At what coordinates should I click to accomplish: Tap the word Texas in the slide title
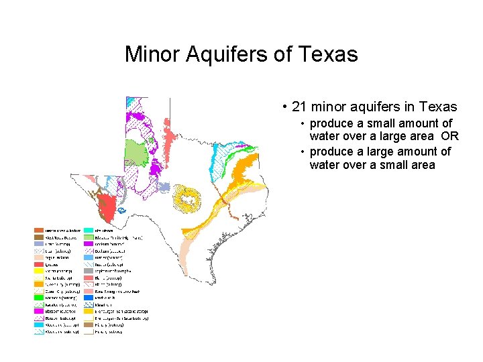tap(329, 54)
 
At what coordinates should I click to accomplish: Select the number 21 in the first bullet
tap(300, 107)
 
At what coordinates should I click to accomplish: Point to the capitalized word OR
tap(450, 136)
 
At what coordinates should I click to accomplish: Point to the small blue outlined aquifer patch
tap(122, 210)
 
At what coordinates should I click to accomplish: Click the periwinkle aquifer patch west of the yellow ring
tap(164, 187)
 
